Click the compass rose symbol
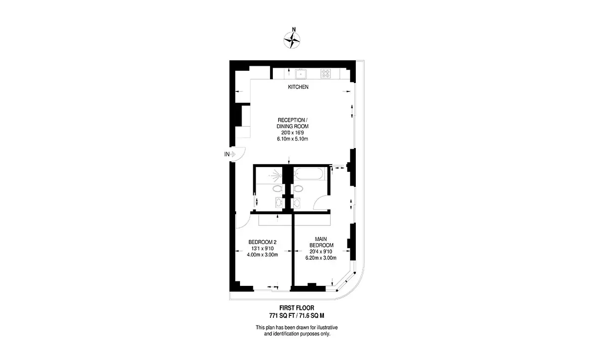coord(292,40)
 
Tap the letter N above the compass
coord(294,29)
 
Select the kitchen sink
coord(300,74)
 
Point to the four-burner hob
coord(325,74)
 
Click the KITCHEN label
coord(298,87)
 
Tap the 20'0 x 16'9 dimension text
coord(293,133)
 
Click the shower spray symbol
coord(275,175)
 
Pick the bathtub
coord(309,174)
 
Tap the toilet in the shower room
coord(277,189)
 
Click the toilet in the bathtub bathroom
coord(297,189)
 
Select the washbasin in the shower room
coord(279,203)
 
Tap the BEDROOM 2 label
coord(263,242)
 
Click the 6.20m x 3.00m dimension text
coord(321,258)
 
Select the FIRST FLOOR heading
coord(296,307)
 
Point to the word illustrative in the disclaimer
coord(327,328)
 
